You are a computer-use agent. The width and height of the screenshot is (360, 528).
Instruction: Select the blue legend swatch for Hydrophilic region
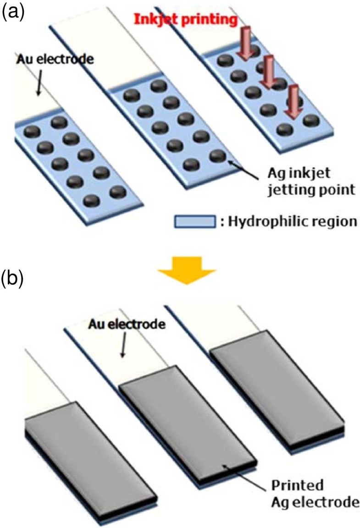195,222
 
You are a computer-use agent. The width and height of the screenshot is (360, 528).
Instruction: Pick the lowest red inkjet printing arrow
290,103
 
